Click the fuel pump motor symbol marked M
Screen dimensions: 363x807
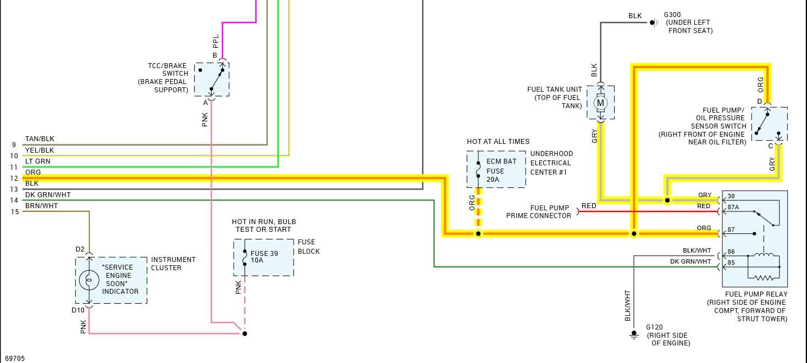pyautogui.click(x=600, y=103)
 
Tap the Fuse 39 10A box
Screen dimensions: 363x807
pyautogui.click(x=263, y=257)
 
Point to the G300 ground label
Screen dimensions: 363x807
pyautogui.click(x=672, y=15)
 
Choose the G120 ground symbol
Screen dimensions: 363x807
pyautogui.click(x=634, y=334)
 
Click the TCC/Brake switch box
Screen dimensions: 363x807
pyautogui.click(x=212, y=80)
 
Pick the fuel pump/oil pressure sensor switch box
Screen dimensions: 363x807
pyautogui.click(x=769, y=124)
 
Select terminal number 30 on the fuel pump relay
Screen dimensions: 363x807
pyautogui.click(x=731, y=196)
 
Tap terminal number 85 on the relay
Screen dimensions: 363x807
pyautogui.click(x=731, y=262)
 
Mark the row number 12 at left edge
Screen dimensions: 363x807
pyautogui.click(x=14, y=178)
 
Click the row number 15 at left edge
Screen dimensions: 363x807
pyautogui.click(x=14, y=211)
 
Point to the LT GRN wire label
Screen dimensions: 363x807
pyautogui.click(x=37, y=161)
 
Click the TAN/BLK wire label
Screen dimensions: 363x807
pyautogui.click(x=40, y=139)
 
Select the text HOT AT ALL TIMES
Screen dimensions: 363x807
pyautogui.click(x=498, y=142)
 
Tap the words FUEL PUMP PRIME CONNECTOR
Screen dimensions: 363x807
pyautogui.click(x=539, y=212)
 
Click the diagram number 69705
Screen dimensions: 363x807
pyautogui.click(x=13, y=358)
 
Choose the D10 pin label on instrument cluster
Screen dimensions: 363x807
pyautogui.click(x=78, y=310)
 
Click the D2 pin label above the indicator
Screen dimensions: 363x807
pyautogui.click(x=80, y=249)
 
